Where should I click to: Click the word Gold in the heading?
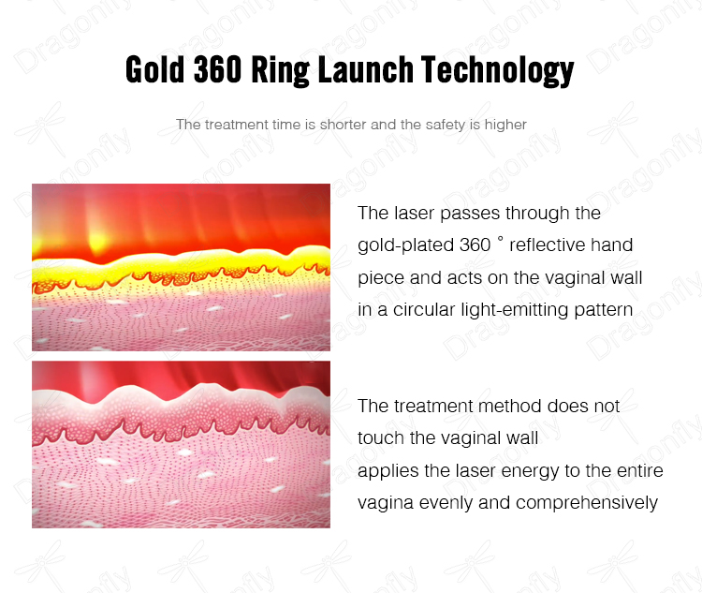pyautogui.click(x=154, y=69)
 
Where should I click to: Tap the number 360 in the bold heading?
pyautogui.click(x=217, y=69)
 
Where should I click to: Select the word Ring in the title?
pyautogui.click(x=280, y=71)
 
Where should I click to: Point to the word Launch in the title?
pyautogui.click(x=365, y=69)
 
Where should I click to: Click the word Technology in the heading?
pyautogui.click(x=497, y=71)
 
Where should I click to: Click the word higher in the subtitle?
pyautogui.click(x=505, y=125)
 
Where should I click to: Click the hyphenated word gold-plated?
pyautogui.click(x=405, y=245)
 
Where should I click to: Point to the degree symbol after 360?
pyautogui.click(x=500, y=239)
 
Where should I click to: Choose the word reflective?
pyautogui.click(x=547, y=245)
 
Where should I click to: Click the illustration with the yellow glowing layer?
pyautogui.click(x=181, y=267)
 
